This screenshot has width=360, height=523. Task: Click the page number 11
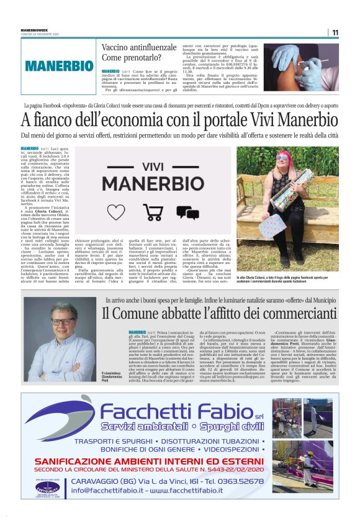tap(335, 33)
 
